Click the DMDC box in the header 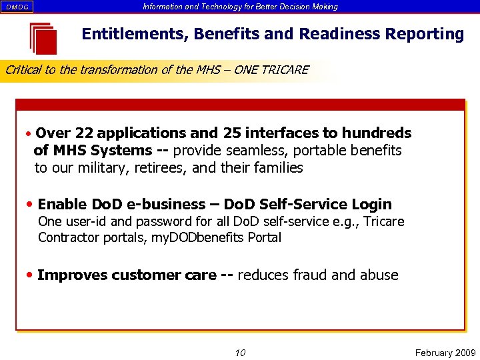click(x=17, y=7)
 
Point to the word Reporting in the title click(x=427, y=35)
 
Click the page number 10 click(x=240, y=353)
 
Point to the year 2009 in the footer click(x=463, y=353)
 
